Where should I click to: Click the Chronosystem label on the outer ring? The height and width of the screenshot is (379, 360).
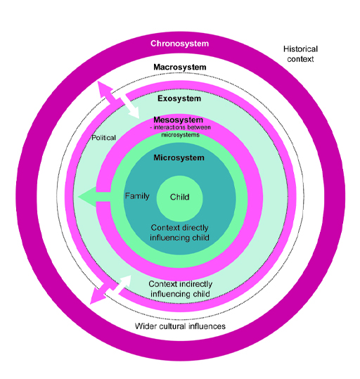point(179,44)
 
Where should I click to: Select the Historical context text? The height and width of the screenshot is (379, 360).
point(300,54)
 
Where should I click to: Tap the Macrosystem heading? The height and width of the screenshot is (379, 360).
point(179,68)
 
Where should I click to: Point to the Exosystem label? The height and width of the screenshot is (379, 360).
point(179,98)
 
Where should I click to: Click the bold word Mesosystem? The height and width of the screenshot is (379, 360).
point(179,120)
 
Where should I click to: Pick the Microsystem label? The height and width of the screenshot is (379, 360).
point(179,158)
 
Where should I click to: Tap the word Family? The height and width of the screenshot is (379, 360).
point(137,196)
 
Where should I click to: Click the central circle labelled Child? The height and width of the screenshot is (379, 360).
point(179,198)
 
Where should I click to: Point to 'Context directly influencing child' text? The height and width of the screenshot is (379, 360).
point(180,233)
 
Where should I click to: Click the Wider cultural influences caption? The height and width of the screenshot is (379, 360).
point(179,326)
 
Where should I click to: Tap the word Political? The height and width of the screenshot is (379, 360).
point(104,138)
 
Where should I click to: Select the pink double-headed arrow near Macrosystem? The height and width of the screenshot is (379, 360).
point(108,92)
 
